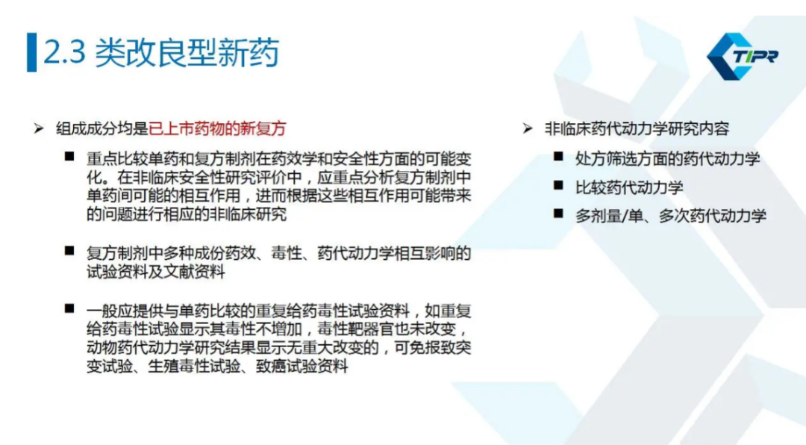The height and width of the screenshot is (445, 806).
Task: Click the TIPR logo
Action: pyautogui.click(x=743, y=56)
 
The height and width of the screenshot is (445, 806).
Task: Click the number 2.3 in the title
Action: pyautogui.click(x=65, y=52)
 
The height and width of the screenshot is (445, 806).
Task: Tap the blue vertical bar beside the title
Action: pyautogui.click(x=32, y=52)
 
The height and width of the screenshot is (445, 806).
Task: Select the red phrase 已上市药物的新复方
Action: pyautogui.click(x=217, y=128)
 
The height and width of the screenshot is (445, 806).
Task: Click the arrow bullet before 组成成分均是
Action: pyautogui.click(x=39, y=128)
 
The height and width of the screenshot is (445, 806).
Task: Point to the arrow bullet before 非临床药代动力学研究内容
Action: pyautogui.click(x=528, y=128)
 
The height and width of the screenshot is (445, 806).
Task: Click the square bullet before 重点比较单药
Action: pyautogui.click(x=69, y=156)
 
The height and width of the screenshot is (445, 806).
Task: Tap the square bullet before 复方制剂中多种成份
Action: pyautogui.click(x=69, y=251)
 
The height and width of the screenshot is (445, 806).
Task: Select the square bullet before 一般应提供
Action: pyautogui.click(x=69, y=308)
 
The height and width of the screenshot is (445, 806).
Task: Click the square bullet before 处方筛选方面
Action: pyautogui.click(x=559, y=156)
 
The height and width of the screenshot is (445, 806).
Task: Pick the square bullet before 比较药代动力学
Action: pyautogui.click(x=559, y=185)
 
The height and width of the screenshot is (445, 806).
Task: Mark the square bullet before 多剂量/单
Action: pyautogui.click(x=559, y=214)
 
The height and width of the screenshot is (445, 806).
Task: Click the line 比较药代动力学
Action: pyautogui.click(x=629, y=187)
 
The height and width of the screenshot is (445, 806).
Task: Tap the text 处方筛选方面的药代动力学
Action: pyautogui.click(x=668, y=159)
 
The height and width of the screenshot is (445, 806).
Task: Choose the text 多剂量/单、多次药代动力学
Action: pyautogui.click(x=671, y=216)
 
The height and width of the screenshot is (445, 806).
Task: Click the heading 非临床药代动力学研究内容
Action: pyautogui.click(x=637, y=128)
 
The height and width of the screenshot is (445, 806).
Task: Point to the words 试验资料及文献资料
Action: pyautogui.click(x=156, y=272)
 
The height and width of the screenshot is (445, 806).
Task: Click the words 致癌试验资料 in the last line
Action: pyautogui.click(x=302, y=367)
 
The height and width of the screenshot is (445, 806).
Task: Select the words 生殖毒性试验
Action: pyautogui.click(x=194, y=367)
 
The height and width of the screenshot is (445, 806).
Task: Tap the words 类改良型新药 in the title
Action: pyautogui.click(x=187, y=52)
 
